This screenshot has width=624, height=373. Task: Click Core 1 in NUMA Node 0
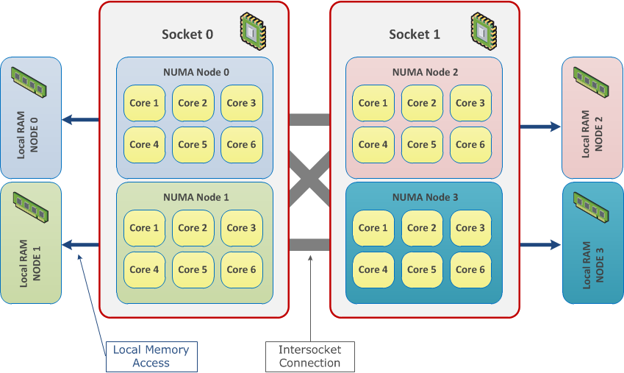145,103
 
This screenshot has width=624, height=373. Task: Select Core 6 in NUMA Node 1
242,269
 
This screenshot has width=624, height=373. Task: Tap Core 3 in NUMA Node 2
471,103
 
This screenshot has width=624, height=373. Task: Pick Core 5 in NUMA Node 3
423,269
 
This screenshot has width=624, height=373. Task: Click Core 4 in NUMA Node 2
374,144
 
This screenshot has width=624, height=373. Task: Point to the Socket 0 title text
187,35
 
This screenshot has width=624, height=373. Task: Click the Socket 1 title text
415,35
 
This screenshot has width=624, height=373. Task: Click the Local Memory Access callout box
151,356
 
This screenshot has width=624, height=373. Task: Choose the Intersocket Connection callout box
309,356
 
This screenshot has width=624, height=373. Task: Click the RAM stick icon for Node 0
30,80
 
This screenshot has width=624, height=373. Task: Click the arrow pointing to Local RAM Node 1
81,245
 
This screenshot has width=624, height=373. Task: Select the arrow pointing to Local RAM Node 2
540,127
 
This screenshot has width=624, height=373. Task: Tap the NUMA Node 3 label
425,197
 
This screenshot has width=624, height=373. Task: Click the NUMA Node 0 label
196,72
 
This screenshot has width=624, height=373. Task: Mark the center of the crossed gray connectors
309,182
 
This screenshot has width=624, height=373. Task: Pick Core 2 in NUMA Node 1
193,228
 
